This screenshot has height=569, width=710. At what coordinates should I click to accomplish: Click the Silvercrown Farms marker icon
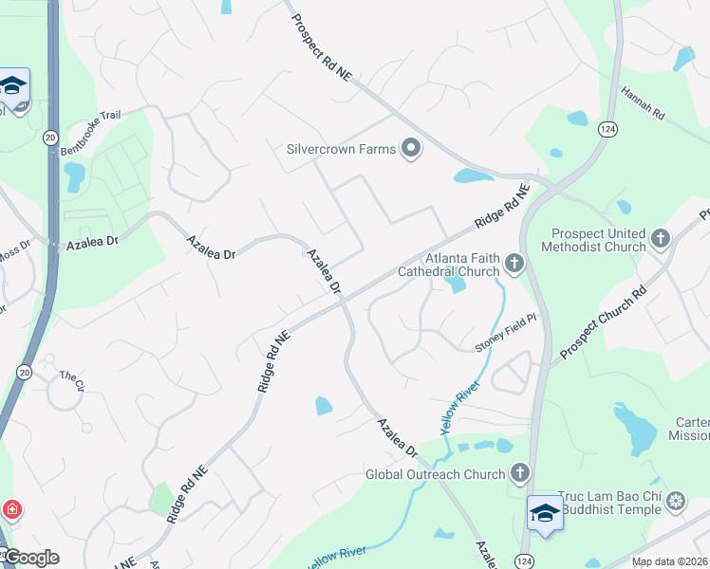pos(411,149)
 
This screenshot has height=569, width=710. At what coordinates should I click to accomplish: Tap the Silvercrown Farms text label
pos(341,149)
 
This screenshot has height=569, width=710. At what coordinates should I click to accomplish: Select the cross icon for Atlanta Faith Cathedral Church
pos(514,264)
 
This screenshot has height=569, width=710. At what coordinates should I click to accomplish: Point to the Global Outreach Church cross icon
pos(519,472)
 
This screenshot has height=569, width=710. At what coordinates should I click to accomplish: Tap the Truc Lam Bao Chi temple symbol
pos(676,501)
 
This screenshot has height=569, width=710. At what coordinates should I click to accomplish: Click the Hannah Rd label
pos(643,101)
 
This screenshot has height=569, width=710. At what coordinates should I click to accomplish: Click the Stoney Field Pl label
pos(506,333)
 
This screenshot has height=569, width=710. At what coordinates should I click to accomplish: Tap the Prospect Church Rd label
pos(602,321)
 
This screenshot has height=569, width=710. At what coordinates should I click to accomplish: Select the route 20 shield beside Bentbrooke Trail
pos(49,138)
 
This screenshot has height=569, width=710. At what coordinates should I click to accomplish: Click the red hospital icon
pos(11,510)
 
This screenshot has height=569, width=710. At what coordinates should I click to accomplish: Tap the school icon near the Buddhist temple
pos(545,513)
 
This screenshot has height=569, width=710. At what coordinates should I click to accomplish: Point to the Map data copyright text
pos(668,561)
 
